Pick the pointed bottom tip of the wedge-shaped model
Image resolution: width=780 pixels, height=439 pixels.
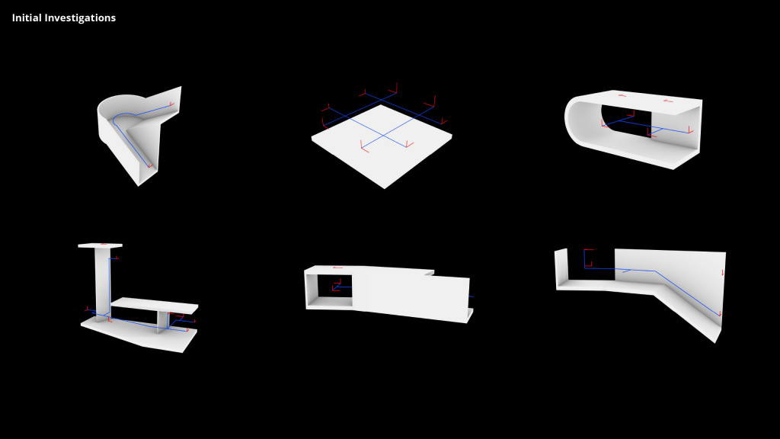point(139,183)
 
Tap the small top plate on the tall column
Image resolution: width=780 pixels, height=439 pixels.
point(100,245)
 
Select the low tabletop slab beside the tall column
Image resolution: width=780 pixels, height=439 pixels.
point(155,305)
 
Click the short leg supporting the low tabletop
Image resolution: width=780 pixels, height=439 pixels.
point(161,322)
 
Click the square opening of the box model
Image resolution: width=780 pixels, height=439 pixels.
point(330,290)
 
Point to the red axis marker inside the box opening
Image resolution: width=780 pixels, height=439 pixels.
point(335,287)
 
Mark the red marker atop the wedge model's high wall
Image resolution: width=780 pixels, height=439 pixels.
point(172,104)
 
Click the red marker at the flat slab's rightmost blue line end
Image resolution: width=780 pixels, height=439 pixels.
point(443,121)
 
